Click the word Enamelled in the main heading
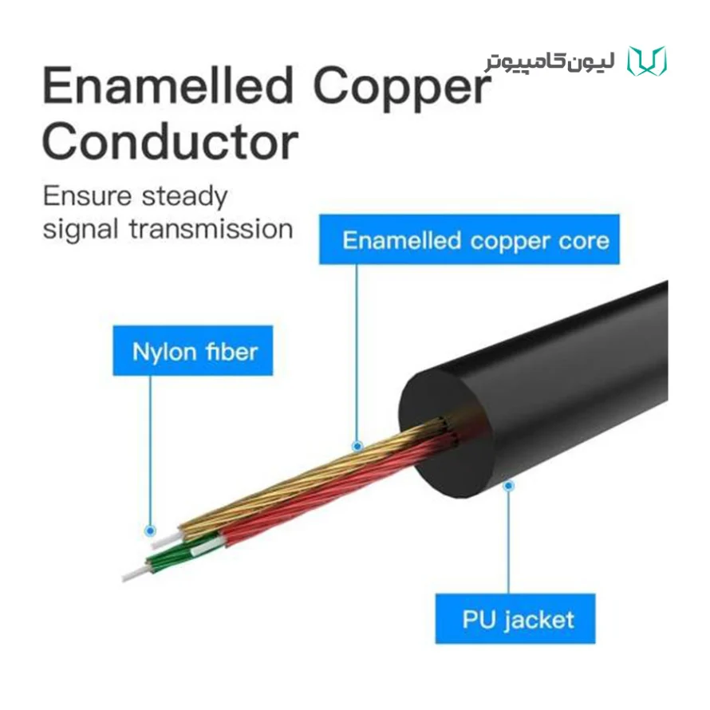coord(168,85)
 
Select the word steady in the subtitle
coord(184,197)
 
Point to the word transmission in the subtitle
coord(211,229)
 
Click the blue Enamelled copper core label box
coord(469,239)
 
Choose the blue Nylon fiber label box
coord(193,350)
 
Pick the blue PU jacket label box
coord(515,618)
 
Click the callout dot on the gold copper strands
coord(357,447)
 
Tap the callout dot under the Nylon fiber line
coord(150,531)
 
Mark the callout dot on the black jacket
coord(508,486)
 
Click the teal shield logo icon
coord(647,61)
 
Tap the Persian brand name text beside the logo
coord(550,61)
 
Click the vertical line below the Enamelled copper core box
coord(357,353)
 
